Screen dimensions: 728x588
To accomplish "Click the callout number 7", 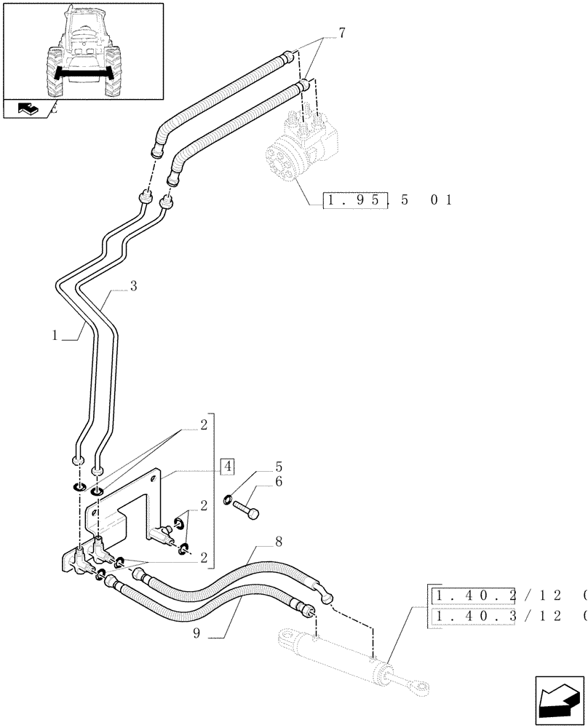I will tap(341, 33).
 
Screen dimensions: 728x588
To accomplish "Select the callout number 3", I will tap(133, 287).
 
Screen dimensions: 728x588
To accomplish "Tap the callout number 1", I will tap(55, 336).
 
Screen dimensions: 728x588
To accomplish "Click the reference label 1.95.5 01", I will tap(389, 199).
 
